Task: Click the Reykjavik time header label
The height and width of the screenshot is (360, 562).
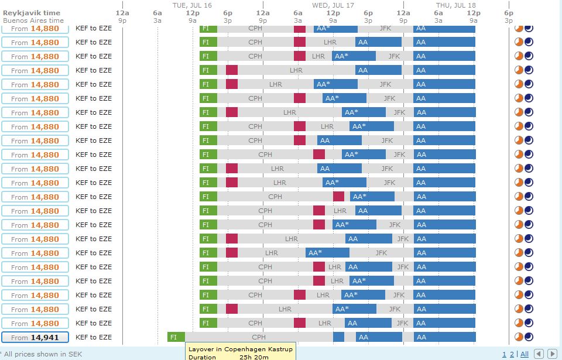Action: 32,13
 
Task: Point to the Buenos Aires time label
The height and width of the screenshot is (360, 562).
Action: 33,20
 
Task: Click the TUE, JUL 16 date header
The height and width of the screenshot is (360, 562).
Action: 192,5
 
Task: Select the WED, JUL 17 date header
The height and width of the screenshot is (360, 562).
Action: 333,5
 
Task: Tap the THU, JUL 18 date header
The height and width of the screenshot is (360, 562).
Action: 455,5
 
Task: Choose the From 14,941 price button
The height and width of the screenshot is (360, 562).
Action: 35,337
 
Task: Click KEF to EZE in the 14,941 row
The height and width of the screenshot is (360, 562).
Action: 93,337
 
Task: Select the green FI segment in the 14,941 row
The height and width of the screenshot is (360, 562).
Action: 176,337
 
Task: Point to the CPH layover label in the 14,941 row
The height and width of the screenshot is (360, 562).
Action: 259,337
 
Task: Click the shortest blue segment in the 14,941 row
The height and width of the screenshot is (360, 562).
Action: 338,337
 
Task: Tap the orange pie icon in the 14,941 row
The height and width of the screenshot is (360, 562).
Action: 519,337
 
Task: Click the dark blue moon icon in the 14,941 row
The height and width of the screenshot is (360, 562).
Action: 529,337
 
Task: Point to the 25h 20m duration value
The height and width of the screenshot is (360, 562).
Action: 254,356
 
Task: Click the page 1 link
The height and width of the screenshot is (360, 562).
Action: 504,354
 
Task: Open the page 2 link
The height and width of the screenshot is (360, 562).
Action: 511,354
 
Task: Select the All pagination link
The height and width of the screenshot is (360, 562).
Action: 524,354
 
